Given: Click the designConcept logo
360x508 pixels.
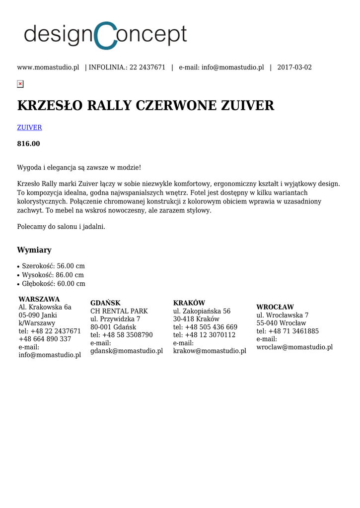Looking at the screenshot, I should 105,35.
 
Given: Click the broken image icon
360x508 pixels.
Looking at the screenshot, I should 20,84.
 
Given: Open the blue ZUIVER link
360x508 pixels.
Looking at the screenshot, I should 29,127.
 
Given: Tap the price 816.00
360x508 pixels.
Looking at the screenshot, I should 28,144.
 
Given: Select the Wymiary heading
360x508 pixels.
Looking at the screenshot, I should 34,250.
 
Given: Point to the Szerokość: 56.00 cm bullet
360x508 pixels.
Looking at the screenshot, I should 53,266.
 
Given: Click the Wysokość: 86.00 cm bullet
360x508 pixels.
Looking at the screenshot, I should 53,275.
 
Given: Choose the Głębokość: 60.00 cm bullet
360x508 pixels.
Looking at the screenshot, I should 54,284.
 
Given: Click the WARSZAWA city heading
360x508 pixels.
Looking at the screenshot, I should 39,299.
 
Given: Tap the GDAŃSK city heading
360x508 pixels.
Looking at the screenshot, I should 105,303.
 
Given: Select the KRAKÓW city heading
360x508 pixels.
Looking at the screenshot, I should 189,303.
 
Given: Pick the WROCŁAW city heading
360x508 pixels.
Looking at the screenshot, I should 275,307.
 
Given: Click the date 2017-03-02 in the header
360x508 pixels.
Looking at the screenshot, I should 294,67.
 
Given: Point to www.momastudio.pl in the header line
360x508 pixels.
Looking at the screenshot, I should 48,67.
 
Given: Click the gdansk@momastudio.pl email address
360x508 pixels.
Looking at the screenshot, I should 127,351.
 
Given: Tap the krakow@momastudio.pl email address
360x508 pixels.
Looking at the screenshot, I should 210,351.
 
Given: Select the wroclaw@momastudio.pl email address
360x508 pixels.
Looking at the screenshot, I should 294,347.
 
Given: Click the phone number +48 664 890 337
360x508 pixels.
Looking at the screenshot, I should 45,339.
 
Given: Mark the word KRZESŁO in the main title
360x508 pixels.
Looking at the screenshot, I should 50,106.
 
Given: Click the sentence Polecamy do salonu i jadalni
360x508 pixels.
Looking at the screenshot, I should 61,227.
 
